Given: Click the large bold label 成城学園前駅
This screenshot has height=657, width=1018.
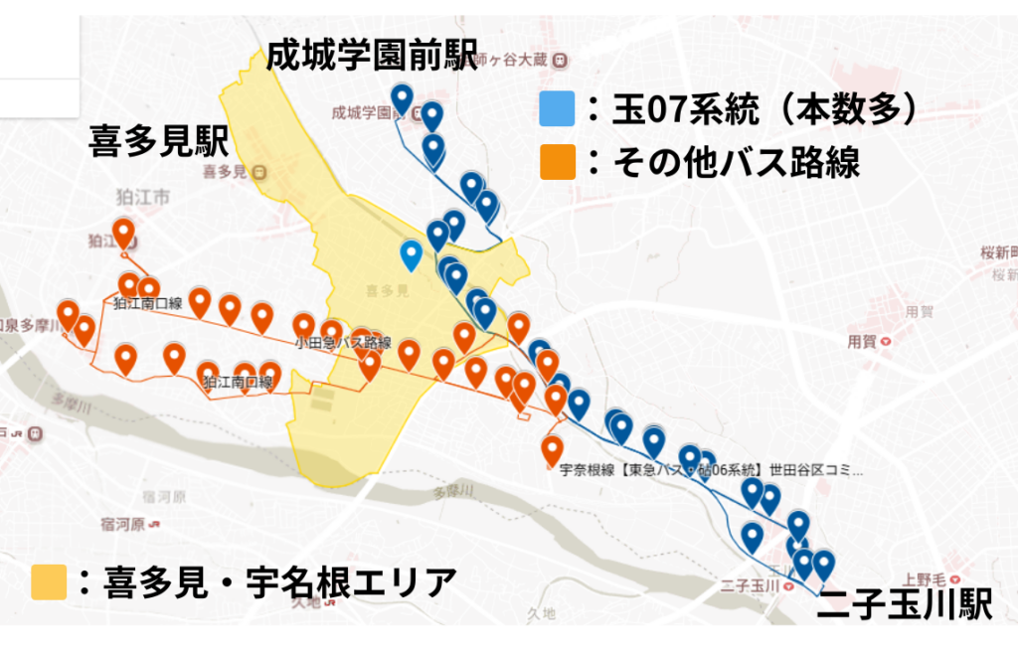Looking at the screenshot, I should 372,55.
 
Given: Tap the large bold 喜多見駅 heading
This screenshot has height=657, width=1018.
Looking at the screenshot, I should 159,141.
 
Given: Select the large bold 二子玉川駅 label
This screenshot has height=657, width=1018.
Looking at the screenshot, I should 904,606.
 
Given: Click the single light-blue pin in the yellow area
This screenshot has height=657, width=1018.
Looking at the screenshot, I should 411,254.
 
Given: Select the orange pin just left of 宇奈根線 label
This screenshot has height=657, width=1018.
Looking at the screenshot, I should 553,449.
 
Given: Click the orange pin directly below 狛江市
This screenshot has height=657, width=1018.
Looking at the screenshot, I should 123,235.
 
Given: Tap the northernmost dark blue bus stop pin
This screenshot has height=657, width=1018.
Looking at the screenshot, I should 402,97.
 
